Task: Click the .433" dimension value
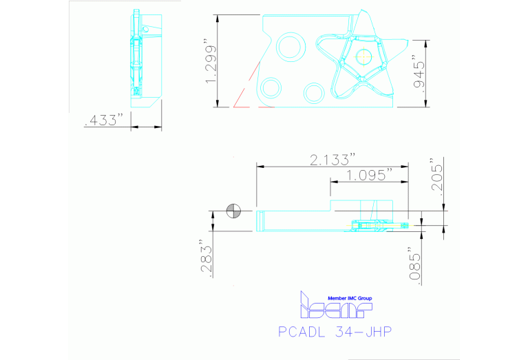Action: tap(103, 120)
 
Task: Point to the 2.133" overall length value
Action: tap(332, 160)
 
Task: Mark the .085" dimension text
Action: tap(414, 264)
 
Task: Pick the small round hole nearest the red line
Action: tap(271, 87)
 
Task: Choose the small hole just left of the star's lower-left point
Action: tap(315, 92)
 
